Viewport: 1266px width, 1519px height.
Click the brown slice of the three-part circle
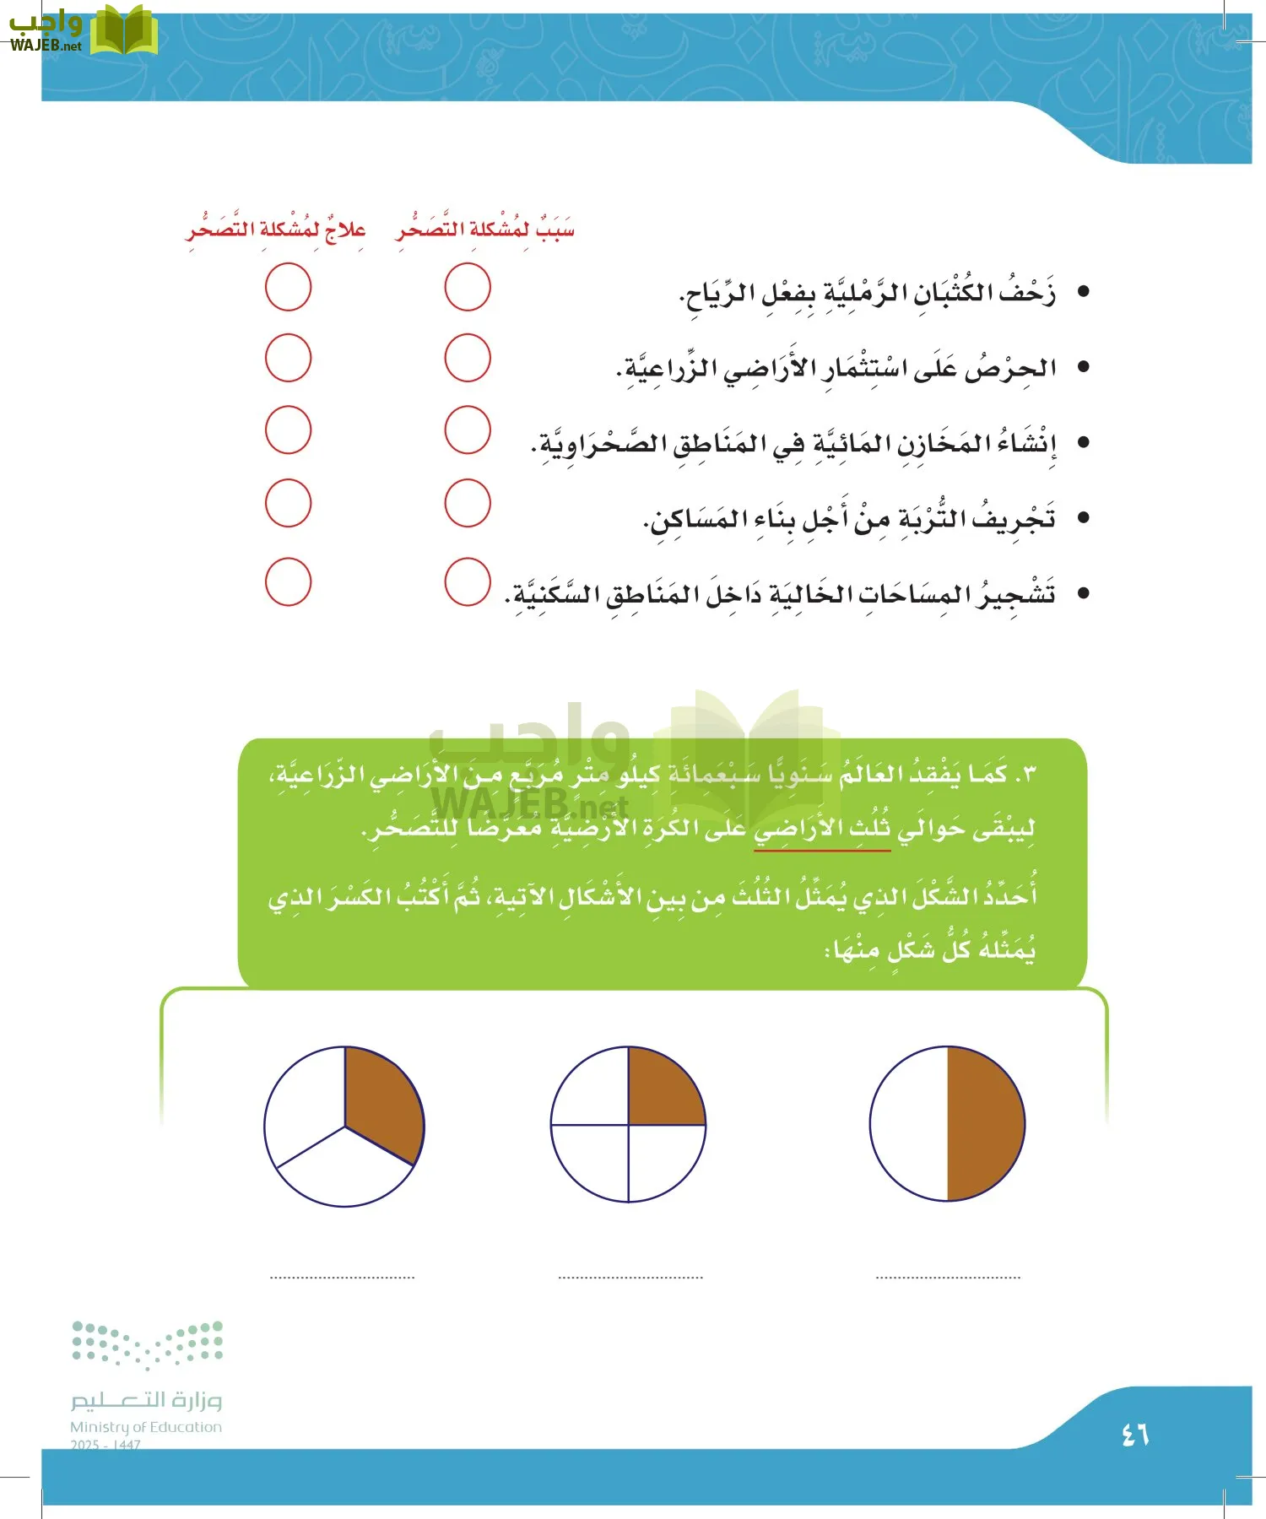380,1101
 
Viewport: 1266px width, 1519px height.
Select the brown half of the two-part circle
983,1123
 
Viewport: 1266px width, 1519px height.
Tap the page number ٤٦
1134,1434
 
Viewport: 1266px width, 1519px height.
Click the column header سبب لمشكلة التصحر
484,229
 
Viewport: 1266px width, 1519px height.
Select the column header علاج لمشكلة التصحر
276,229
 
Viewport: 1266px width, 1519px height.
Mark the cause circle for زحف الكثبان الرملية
468,287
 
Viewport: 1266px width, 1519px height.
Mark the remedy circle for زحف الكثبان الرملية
288,287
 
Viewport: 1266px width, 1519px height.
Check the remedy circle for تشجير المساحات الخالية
288,581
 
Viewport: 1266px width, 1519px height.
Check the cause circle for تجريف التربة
468,503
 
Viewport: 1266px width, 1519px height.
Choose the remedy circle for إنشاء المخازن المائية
288,430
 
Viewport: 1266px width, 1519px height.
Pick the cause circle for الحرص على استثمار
468,358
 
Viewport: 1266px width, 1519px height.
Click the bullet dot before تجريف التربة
1084,517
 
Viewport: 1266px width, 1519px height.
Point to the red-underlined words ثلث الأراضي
821,829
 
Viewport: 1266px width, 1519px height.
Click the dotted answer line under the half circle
948,1278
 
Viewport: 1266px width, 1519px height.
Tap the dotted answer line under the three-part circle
343,1278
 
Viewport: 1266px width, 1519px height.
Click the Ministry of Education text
146,1427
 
